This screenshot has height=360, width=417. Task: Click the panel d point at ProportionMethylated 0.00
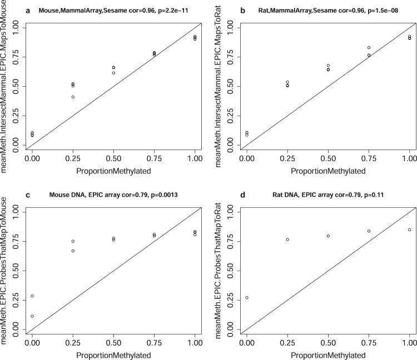coord(247,298)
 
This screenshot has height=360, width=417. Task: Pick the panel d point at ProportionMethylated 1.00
coord(409,229)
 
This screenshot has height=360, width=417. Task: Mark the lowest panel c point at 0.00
coord(32,316)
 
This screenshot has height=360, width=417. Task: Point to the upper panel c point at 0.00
coord(32,296)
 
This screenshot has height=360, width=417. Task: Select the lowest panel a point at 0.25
coord(73,97)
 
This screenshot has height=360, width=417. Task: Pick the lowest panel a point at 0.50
coord(113,73)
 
